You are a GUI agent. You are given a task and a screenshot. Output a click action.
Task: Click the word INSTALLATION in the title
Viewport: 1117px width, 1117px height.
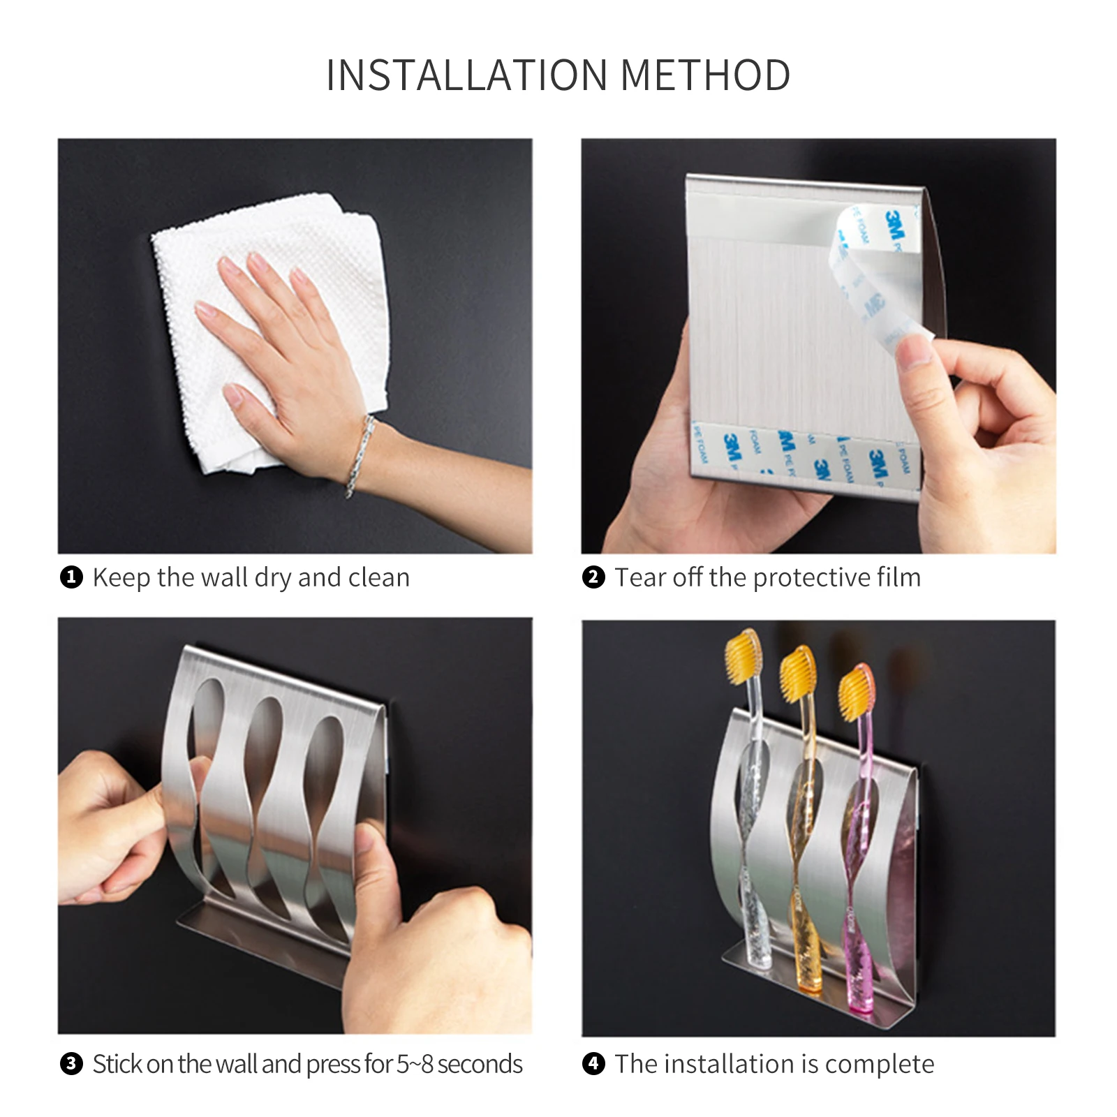(467, 75)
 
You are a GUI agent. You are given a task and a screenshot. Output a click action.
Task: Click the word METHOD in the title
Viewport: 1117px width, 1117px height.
(705, 75)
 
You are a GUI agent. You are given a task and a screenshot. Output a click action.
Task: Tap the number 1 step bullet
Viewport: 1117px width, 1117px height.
(71, 578)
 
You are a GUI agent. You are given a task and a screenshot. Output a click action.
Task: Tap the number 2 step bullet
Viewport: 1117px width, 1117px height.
(593, 578)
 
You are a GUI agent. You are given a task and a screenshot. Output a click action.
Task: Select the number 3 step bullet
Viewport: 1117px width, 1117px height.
(71, 1064)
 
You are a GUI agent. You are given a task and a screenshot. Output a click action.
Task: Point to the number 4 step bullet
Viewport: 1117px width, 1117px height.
(593, 1064)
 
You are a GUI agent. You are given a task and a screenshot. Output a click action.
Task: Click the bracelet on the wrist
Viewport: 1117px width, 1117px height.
(359, 455)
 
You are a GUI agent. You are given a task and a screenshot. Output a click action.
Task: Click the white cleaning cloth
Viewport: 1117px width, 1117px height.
(269, 332)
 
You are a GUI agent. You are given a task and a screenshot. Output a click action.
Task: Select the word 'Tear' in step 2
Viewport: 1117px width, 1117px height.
(639, 577)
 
